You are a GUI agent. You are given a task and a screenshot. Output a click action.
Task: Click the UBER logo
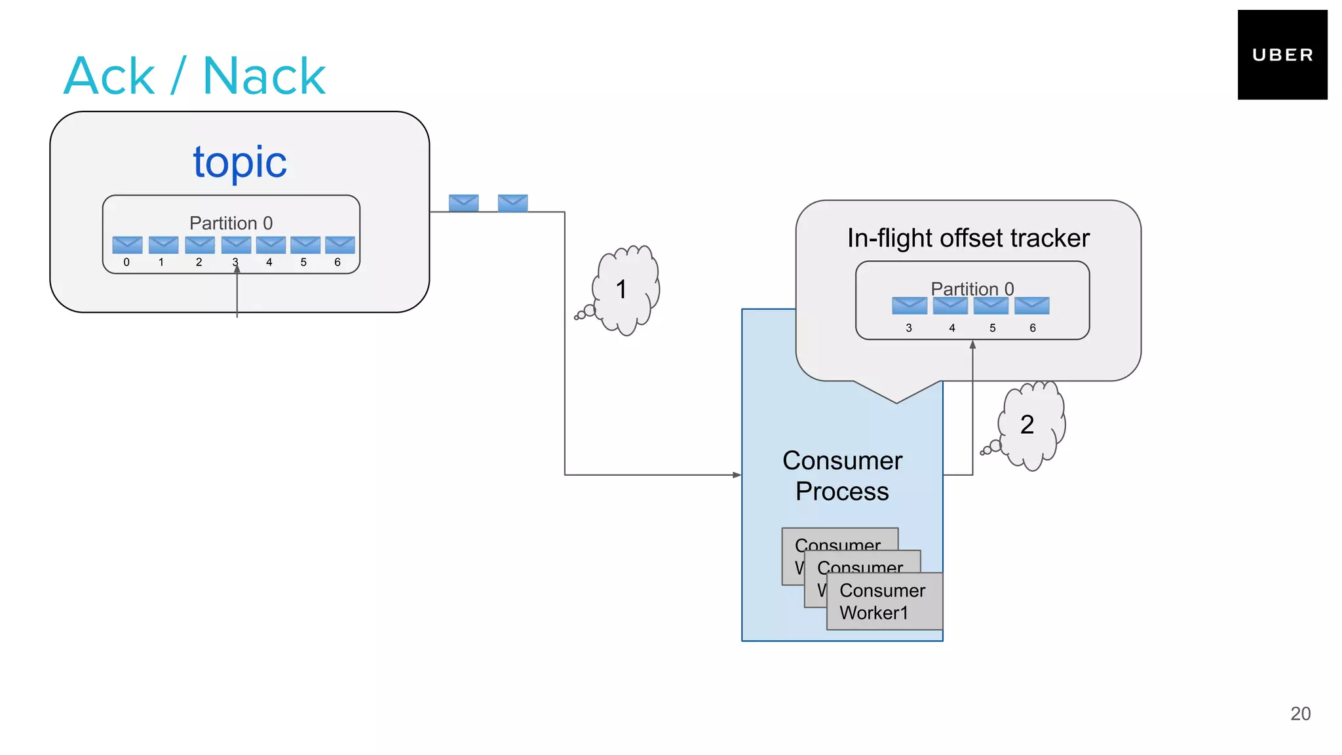point(1282,55)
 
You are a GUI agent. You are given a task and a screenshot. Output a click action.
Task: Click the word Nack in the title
point(264,76)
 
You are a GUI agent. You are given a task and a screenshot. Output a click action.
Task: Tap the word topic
point(240,162)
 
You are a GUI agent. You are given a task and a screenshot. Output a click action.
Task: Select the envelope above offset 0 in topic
point(127,245)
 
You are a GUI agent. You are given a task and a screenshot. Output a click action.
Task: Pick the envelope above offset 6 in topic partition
point(340,245)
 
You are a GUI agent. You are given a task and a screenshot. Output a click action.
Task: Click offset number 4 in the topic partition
point(269,262)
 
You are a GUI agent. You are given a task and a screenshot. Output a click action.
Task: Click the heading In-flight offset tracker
point(968,238)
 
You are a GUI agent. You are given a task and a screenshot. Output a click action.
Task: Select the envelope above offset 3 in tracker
point(910,305)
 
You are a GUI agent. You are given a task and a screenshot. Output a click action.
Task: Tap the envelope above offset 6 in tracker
point(1032,305)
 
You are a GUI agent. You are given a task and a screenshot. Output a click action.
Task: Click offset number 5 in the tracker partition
point(992,328)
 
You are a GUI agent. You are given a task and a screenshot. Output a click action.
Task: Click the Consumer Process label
point(842,476)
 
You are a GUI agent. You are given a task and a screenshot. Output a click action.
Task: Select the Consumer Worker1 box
point(884,602)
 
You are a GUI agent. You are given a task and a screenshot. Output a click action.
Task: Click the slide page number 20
point(1300,714)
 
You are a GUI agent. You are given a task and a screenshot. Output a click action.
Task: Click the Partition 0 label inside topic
point(231,223)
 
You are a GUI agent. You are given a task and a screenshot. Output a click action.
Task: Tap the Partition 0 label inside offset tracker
point(972,288)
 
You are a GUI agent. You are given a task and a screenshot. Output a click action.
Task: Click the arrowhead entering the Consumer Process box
point(737,475)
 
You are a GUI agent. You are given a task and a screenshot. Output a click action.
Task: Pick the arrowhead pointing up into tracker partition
point(972,345)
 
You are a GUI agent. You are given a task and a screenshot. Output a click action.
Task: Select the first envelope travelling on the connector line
point(463,203)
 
